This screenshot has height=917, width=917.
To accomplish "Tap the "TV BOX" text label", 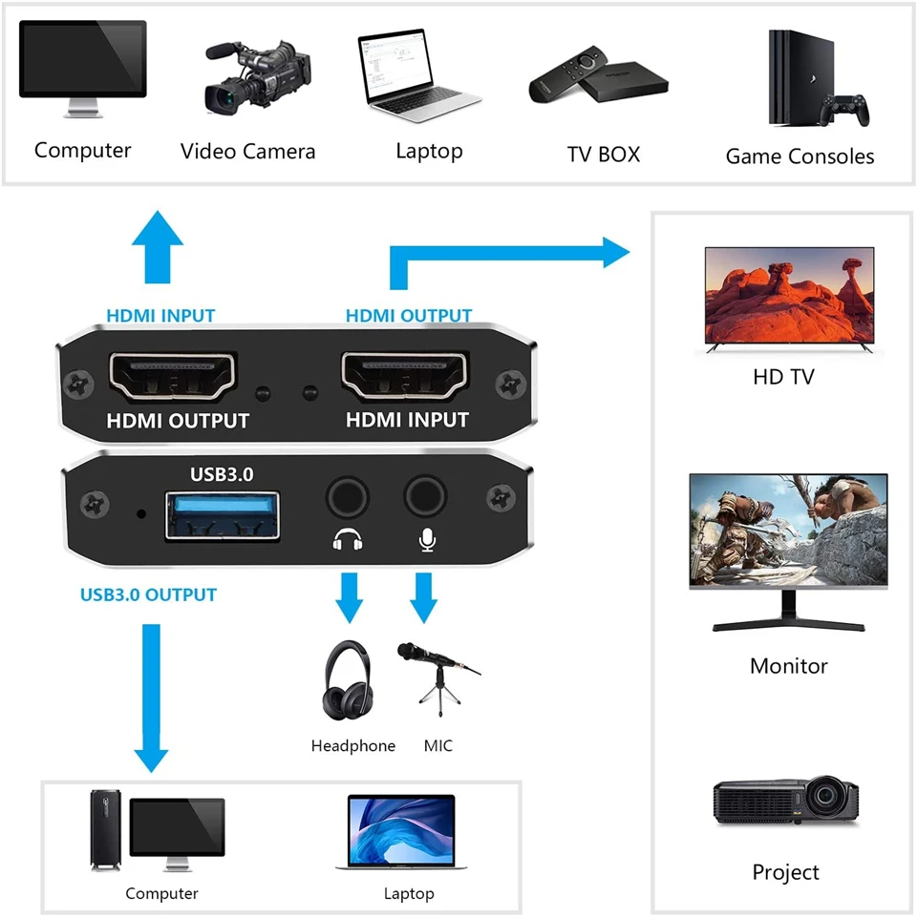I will (603, 154).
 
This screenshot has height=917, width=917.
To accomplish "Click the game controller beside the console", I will (846, 109).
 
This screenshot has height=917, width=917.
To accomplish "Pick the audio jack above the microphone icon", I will (424, 497).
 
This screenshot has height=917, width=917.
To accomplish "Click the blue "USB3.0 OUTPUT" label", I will (148, 594).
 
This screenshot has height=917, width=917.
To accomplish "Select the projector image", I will (786, 802).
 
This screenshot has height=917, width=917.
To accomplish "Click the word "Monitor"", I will (788, 666).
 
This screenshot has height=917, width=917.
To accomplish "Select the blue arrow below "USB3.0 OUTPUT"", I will (150, 697).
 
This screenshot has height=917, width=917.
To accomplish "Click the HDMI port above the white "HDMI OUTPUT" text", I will (175, 377).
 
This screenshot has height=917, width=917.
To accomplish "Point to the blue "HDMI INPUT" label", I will (160, 315).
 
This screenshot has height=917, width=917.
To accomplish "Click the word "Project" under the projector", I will (785, 872).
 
